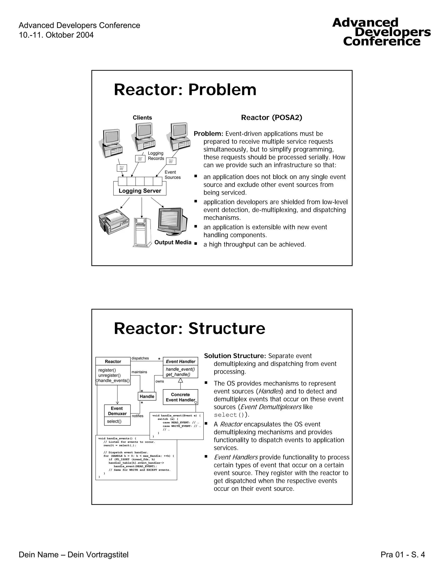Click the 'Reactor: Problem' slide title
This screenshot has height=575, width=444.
click(x=185, y=90)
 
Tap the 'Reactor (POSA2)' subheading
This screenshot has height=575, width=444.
click(x=271, y=117)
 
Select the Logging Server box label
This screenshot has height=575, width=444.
click(x=140, y=191)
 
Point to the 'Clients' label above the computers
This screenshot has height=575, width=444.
click(x=142, y=118)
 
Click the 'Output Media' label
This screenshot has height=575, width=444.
click(x=173, y=242)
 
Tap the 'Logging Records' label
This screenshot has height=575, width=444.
click(x=156, y=156)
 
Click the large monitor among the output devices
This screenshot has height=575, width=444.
click(x=172, y=221)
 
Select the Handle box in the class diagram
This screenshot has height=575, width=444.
click(x=147, y=396)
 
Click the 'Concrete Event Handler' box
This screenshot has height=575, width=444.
click(x=180, y=397)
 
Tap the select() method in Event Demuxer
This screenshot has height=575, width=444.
click(x=114, y=421)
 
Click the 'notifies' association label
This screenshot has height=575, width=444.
click(x=138, y=416)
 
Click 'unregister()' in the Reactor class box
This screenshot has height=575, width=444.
click(x=109, y=375)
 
